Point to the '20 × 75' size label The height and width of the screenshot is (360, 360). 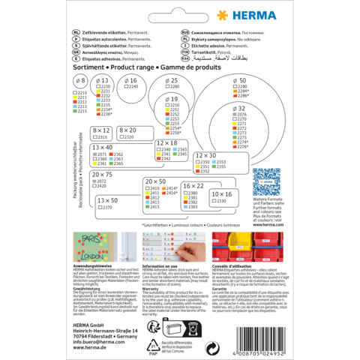(102, 174)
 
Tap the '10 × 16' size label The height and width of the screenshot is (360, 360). (221, 193)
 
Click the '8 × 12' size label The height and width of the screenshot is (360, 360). (100, 130)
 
